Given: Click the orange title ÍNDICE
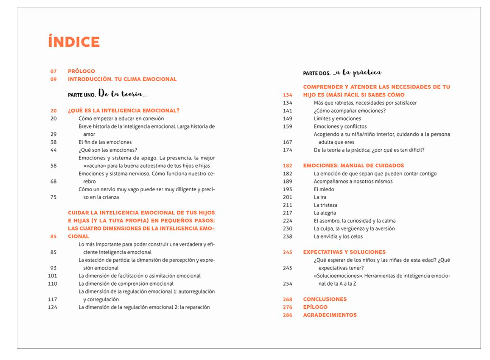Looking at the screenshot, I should [74, 42].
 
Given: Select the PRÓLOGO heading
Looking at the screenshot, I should [81, 71].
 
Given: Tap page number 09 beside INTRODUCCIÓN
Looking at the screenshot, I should [53, 79].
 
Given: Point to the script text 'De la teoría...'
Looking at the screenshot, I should [122, 94].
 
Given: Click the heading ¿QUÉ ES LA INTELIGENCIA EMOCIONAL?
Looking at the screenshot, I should [124, 111].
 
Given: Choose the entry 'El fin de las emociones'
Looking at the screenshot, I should [105, 142].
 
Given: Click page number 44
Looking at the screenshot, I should [53, 150].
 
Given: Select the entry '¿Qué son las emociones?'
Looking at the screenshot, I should [108, 150].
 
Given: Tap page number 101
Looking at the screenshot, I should [52, 276].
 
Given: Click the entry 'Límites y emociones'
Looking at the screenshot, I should [337, 119].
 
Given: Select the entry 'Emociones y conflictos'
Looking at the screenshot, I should [340, 126].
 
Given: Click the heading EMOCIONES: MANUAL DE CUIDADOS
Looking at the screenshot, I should [353, 166].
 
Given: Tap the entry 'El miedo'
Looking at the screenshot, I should [324, 189].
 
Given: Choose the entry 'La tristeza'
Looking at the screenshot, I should [325, 205].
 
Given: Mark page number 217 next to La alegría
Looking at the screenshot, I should [287, 213].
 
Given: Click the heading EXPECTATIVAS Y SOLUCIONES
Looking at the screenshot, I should [344, 252].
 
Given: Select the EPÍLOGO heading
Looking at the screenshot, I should [315, 307].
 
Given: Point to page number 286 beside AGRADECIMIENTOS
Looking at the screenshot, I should [287, 315].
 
